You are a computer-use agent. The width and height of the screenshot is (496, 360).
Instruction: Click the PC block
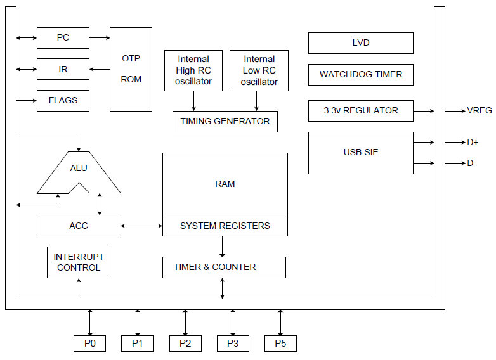coord(63,38)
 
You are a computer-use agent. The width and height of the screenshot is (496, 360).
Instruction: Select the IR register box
coord(63,69)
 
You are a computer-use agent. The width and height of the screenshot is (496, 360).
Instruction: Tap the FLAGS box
coord(63,100)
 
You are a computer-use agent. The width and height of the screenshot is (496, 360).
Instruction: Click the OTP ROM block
coord(131,69)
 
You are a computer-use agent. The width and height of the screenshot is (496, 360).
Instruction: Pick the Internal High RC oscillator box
coord(193,70)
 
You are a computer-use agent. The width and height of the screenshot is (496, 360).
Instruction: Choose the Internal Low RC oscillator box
coord(259,70)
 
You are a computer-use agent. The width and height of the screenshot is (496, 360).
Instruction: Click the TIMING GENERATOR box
coord(225,121)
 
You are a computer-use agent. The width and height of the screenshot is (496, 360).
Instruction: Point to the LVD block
coord(360,43)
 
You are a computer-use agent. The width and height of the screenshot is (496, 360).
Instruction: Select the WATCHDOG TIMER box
coord(360,74)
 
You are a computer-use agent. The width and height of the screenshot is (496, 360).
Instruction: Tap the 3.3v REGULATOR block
coord(360,110)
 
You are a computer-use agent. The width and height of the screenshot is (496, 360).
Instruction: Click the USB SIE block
coord(360,153)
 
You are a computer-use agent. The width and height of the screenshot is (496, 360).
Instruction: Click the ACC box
coord(79,226)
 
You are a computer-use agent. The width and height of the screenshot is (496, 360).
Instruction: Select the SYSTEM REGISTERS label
coord(225,226)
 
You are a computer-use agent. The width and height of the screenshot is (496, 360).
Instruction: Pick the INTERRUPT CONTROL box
coord(79,262)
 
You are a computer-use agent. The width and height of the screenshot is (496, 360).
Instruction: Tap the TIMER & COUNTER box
coord(224,267)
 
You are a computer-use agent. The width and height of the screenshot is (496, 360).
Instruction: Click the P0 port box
coord(89,343)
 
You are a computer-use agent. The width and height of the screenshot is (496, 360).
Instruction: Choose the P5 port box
coord(280,343)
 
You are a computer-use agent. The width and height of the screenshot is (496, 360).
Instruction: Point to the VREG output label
coord(480,110)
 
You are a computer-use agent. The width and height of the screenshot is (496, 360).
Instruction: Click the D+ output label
coord(473,143)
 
